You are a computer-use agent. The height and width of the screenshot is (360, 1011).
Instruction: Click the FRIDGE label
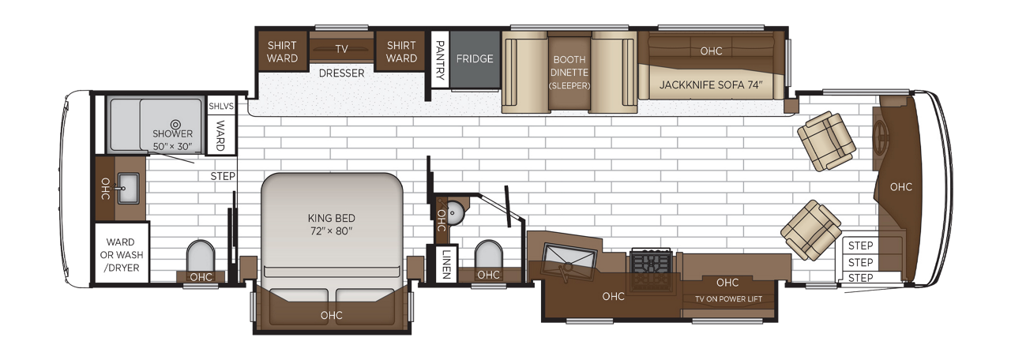click(475, 58)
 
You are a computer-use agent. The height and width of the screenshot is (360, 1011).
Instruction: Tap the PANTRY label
click(440, 60)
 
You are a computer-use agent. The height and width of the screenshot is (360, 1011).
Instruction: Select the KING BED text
click(331, 219)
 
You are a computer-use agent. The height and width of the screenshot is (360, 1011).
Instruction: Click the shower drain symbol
click(175, 125)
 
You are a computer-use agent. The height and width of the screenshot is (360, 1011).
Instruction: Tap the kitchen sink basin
click(569, 262)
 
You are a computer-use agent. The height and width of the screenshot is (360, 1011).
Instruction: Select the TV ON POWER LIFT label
click(728, 299)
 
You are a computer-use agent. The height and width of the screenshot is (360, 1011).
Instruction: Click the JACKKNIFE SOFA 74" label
click(711, 84)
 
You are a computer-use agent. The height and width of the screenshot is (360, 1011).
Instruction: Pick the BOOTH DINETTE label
click(569, 66)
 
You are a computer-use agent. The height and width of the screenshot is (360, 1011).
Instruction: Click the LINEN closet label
click(446, 264)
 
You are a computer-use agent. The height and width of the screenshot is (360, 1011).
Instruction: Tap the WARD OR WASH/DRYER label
click(121, 255)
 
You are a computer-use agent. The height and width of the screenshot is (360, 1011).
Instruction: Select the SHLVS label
click(221, 107)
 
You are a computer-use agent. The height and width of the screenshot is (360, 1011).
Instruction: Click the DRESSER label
click(341, 73)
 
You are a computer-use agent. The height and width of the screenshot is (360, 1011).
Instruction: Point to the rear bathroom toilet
click(201, 256)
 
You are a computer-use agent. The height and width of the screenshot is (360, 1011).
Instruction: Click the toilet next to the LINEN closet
click(488, 255)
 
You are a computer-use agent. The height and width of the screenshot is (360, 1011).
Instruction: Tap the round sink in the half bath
click(455, 213)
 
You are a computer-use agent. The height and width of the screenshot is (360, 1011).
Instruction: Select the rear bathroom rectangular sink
click(129, 188)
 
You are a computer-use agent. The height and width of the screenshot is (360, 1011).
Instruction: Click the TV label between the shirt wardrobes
click(342, 49)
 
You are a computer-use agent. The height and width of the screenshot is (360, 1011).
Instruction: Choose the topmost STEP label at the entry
click(860, 246)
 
